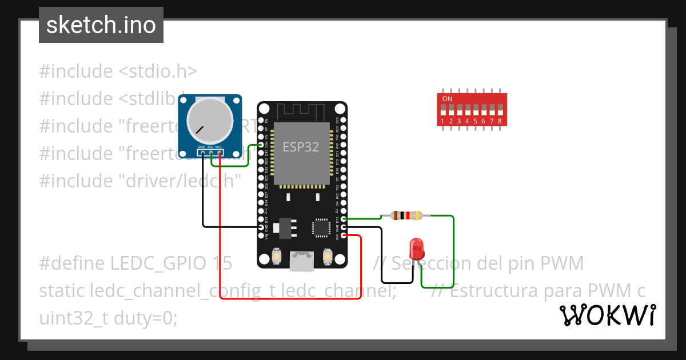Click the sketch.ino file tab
coord(101,25)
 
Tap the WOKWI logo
coord(607,315)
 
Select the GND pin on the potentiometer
coord(202,153)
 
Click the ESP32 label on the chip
coord(301,146)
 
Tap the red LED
coord(417,249)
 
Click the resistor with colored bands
coord(406,215)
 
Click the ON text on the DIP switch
coord(447,99)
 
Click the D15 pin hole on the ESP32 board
coord(344,219)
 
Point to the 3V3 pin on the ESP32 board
coord(344,235)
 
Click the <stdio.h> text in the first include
coord(157,71)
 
